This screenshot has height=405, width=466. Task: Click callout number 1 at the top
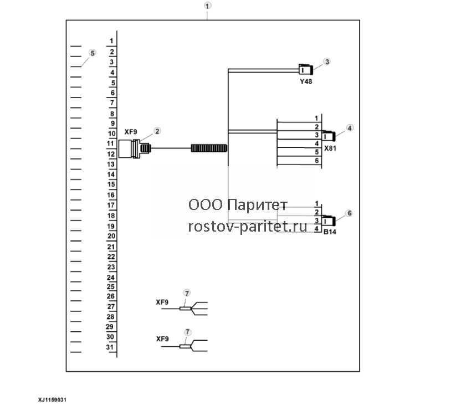[x=207, y=6]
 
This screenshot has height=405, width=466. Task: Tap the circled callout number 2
[x=157, y=131]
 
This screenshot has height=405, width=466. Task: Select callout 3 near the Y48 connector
[x=327, y=61]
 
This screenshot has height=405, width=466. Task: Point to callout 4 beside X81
[x=350, y=128]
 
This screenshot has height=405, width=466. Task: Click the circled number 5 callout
[x=93, y=53]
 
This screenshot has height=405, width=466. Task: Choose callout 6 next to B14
[x=349, y=213]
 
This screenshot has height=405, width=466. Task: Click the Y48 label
[x=306, y=81]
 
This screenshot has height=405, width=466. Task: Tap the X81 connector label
[x=330, y=148]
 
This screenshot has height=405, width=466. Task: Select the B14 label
[x=330, y=232]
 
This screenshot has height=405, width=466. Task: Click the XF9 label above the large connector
[x=131, y=132]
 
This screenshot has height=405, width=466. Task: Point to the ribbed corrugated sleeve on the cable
[x=209, y=148]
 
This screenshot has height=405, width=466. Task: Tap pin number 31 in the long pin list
[x=110, y=347]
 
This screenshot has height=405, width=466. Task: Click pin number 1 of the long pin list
[x=111, y=41]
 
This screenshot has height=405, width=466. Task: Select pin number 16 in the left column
[x=111, y=195]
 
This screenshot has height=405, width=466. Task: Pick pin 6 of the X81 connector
[x=317, y=161]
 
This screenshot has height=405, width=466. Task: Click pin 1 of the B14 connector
[x=317, y=203]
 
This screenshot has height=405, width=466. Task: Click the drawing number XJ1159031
[x=52, y=400]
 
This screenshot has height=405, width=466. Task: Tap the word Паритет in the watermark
[x=257, y=205]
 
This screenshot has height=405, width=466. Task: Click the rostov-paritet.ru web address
[x=248, y=227]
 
